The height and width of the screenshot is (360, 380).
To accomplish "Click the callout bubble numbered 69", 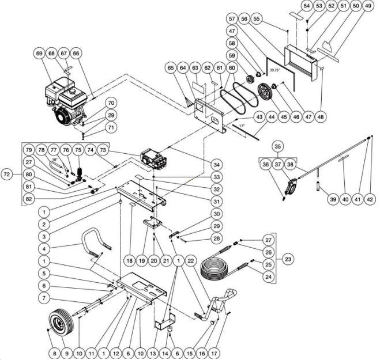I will tap(40, 54).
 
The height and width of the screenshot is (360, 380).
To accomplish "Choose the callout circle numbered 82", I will tap(29, 199).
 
